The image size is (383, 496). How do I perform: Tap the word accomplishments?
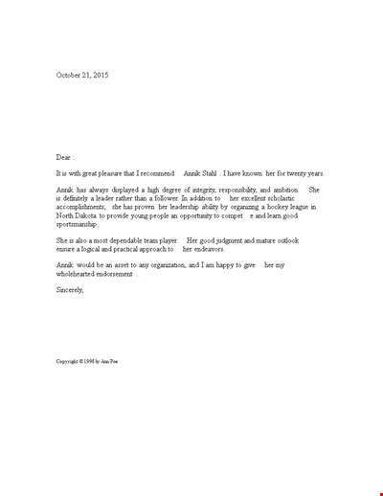82,207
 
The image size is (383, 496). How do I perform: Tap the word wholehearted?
79,273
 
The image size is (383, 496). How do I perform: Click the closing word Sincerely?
71,289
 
